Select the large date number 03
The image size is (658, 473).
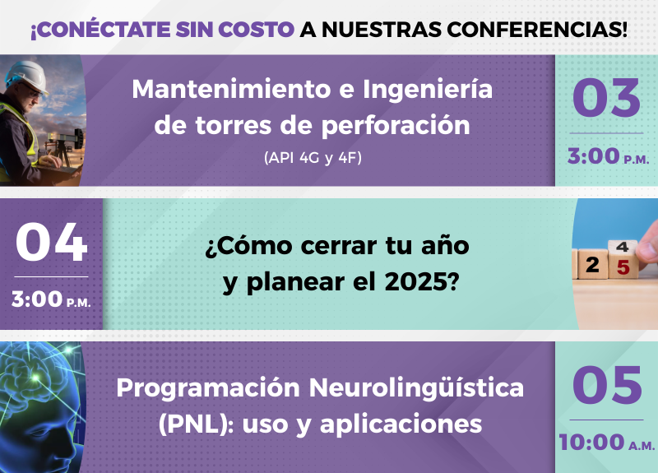coord(606,98)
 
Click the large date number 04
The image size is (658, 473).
coord(51,242)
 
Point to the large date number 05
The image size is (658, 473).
coord(607,385)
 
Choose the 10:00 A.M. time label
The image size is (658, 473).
coord(606,443)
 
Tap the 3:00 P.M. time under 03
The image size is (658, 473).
coord(608,156)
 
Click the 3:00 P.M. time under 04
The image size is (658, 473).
coord(51,299)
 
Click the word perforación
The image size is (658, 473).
coord(396,127)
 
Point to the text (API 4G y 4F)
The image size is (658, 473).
coord(313,158)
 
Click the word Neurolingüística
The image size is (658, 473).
coord(416,387)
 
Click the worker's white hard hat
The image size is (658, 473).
coord(28,77)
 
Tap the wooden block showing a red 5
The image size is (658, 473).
coord(623,264)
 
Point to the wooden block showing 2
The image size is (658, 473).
coord(592,264)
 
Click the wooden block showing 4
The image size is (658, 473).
coord(623,246)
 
